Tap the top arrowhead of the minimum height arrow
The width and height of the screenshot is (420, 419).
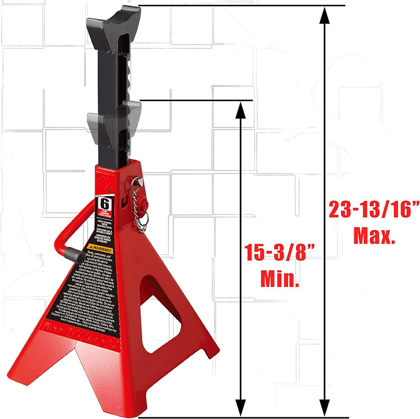click(x=240, y=110)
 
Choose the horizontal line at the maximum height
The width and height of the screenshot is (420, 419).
click(x=241, y=6)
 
